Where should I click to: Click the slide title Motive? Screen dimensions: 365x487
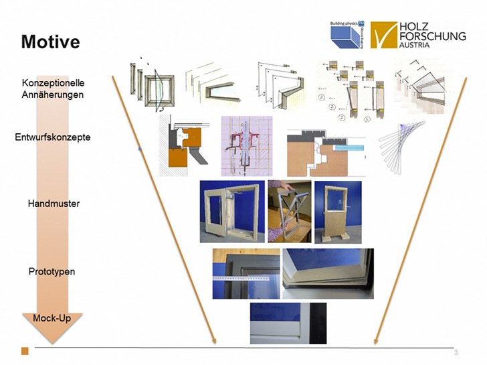coord(51,42)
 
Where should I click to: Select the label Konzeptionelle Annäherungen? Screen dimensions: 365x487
coord(53,88)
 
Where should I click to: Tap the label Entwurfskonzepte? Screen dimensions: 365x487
coord(53,137)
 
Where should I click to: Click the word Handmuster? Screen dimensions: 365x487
coord(54,203)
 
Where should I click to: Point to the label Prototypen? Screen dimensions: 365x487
coord(52,272)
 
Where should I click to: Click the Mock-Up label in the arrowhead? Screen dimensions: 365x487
coord(52,317)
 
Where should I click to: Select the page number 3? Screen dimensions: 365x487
coord(456,352)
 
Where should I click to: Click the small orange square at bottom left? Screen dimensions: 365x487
coord(25,350)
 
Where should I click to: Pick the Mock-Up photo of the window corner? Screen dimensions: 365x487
coord(288,323)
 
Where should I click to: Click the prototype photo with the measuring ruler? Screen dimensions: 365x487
coord(246,273)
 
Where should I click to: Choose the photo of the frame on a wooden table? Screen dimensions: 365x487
coord(289,211)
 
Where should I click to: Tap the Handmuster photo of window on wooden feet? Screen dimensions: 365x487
coord(337,211)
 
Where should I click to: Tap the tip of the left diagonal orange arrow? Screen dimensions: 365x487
coord(215,344)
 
